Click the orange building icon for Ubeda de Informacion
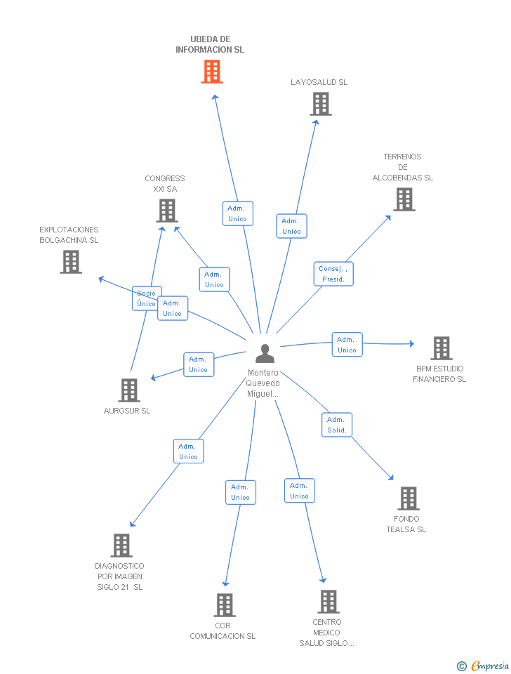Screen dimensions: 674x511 click(x=212, y=72)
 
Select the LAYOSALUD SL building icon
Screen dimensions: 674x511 click(x=320, y=104)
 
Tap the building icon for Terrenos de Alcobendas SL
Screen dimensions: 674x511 click(x=404, y=199)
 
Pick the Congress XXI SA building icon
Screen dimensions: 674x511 click(x=166, y=211)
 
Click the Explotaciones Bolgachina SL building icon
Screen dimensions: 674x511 click(x=70, y=262)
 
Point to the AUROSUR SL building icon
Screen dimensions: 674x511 click(x=129, y=390)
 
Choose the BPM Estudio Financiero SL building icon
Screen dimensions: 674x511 click(x=441, y=348)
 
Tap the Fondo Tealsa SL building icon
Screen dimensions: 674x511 click(x=408, y=498)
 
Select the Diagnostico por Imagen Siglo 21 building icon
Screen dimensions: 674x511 click(x=121, y=546)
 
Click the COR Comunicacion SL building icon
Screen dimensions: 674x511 click(x=224, y=605)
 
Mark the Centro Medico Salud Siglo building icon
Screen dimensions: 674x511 click(x=328, y=602)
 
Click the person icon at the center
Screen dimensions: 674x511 click(x=265, y=354)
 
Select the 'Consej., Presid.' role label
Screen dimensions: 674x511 click(x=333, y=274)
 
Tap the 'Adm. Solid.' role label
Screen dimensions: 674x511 click(x=337, y=425)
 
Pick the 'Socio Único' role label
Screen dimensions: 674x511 click(x=146, y=298)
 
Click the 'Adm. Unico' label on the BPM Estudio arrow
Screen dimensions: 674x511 click(x=347, y=345)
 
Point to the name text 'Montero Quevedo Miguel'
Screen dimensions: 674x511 click(x=263, y=383)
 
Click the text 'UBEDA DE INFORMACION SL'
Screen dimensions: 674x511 click(x=210, y=44)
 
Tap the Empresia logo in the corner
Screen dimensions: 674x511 click(x=490, y=666)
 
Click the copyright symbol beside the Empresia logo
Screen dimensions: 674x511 click(x=461, y=666)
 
